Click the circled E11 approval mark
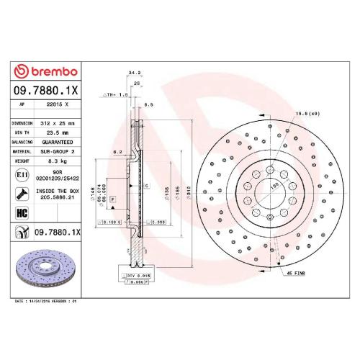[22, 175]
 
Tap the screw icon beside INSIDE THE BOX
[22, 192]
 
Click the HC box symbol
[21, 212]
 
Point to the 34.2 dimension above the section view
[134, 73]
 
